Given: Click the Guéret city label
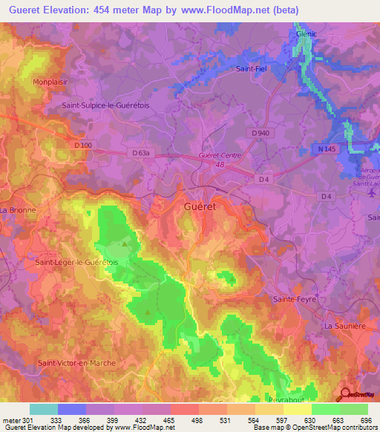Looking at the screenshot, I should (x=200, y=208).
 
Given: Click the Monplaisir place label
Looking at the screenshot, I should (x=50, y=82).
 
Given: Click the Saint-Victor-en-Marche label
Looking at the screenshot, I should (x=79, y=362).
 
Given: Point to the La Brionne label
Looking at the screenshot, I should (x=18, y=210).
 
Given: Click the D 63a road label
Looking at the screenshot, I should (x=141, y=153).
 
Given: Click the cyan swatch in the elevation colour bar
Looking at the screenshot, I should (x=43, y=409).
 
